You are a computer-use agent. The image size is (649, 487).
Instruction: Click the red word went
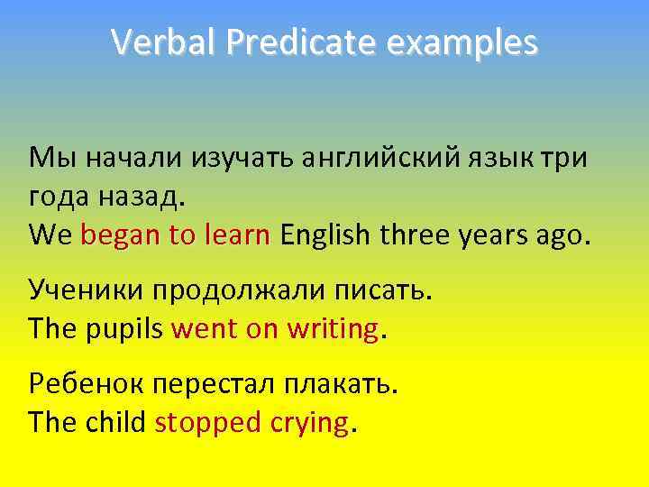click(203, 329)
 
